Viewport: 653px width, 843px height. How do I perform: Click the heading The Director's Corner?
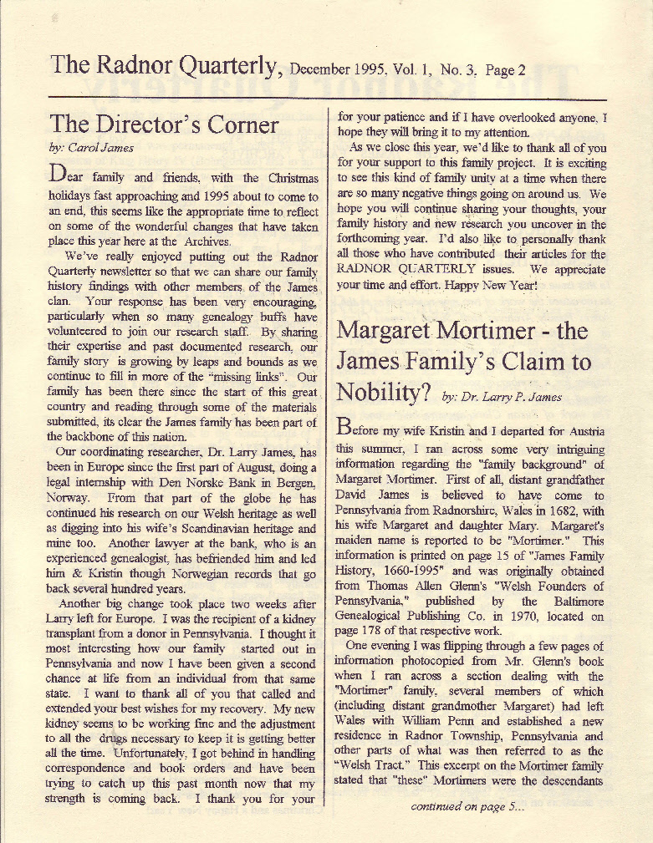tap(163, 124)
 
